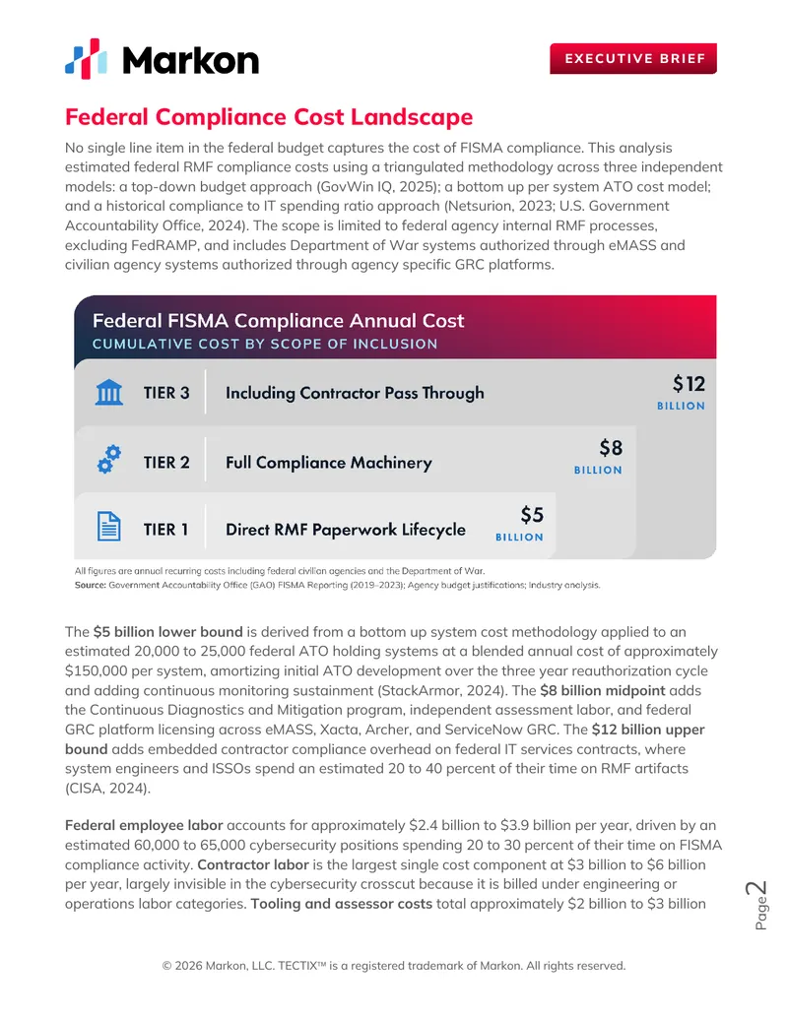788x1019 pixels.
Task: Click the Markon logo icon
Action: point(86,59)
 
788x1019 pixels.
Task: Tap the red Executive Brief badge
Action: point(633,58)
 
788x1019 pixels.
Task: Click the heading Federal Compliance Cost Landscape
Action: point(269,117)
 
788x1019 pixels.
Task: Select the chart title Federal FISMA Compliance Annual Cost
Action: point(279,320)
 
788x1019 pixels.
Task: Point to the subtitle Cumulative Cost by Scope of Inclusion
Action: point(265,344)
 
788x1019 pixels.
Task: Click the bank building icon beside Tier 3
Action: point(109,393)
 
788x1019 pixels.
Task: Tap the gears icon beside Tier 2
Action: point(109,460)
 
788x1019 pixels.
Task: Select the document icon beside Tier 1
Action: point(109,527)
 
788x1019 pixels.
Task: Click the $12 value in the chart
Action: point(689,384)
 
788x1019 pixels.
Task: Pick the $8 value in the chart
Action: point(611,448)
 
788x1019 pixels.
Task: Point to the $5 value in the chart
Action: point(532,515)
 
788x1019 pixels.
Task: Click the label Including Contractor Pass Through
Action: point(355,393)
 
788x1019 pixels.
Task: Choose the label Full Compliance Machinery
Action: point(329,463)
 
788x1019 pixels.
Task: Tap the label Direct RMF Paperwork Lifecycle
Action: point(345,530)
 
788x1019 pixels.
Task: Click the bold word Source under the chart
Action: point(90,586)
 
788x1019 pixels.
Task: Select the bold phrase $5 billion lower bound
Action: point(167,632)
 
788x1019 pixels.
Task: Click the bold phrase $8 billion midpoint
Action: point(603,690)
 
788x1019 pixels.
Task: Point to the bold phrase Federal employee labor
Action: point(144,825)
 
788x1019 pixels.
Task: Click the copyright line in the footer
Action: point(394,966)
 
